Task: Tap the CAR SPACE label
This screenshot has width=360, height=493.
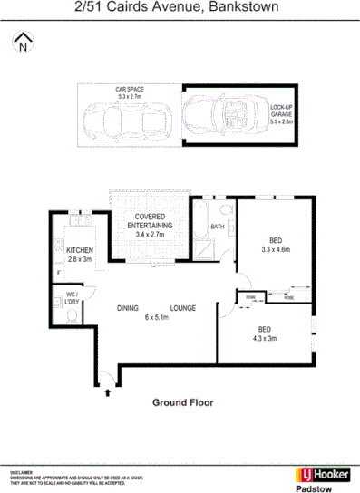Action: pos(129,91)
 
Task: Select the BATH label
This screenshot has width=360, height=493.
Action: pos(218,227)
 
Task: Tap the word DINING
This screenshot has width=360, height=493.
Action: pos(128,308)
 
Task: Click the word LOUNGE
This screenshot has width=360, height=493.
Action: pos(182,308)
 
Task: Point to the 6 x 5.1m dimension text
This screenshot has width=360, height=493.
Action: pos(157,318)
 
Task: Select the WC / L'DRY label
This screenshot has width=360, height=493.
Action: pos(73,297)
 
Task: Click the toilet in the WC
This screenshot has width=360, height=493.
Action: pos(71,315)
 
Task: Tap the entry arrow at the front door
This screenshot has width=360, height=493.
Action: pos(109,391)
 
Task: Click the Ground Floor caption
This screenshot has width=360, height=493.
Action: pos(180,401)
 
